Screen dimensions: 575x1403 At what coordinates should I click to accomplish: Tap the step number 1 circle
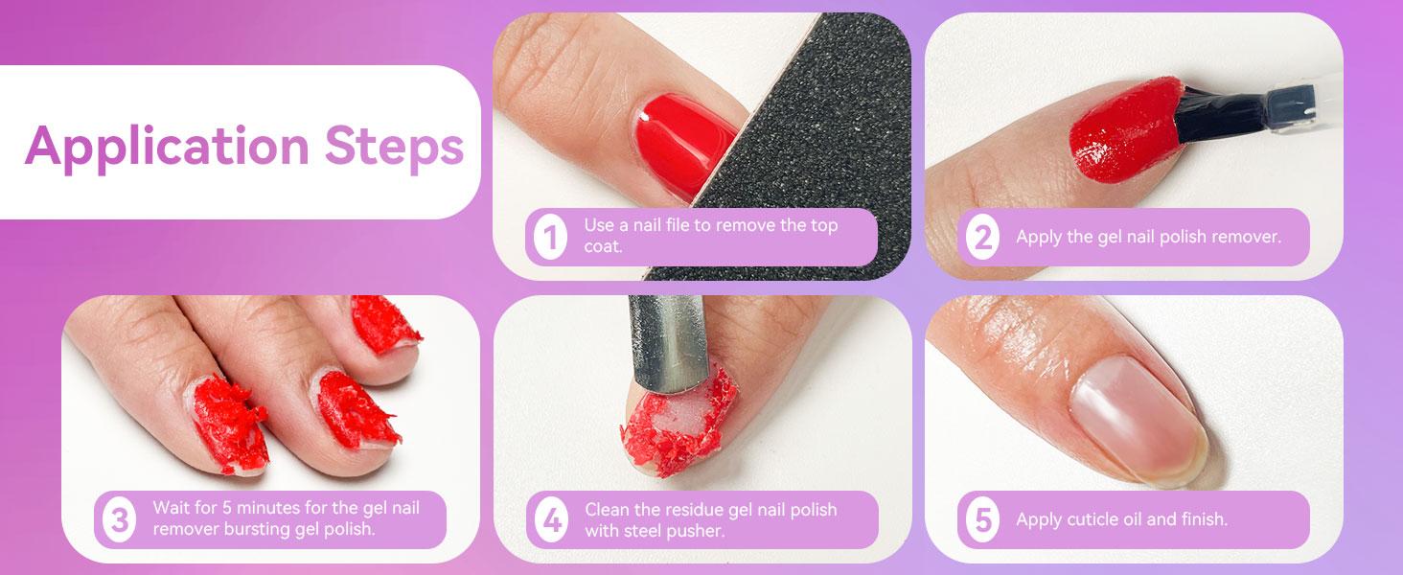point(550,238)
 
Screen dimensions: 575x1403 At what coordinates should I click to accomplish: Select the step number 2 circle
point(981,238)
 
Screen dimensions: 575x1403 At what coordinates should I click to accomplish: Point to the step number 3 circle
point(118,520)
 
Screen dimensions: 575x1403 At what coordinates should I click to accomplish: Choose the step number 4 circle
point(550,520)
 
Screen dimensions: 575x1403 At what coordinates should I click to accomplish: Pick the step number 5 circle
point(981,520)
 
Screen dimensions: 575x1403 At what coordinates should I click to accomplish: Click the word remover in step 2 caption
point(1245,237)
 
